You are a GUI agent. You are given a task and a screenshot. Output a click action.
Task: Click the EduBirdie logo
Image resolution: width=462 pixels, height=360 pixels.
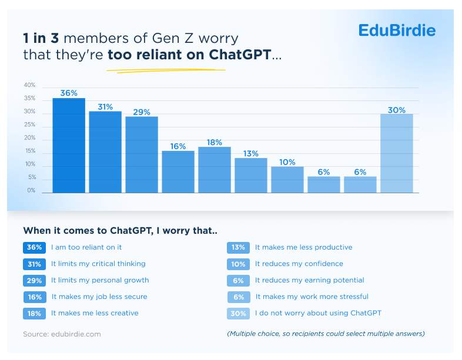(x=397, y=30)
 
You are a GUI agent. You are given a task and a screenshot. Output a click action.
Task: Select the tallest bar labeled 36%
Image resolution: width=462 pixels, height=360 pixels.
(x=69, y=146)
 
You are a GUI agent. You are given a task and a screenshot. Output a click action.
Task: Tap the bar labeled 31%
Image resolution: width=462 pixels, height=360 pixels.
(x=105, y=152)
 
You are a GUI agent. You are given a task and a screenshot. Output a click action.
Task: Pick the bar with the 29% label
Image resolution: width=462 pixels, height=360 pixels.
(x=142, y=155)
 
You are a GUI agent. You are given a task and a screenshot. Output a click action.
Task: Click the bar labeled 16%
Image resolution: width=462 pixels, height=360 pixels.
(x=178, y=172)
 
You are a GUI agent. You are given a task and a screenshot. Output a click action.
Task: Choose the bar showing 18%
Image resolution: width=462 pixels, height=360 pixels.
(x=215, y=170)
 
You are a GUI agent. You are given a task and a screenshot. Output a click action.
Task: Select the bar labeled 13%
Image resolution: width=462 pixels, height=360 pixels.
(x=251, y=176)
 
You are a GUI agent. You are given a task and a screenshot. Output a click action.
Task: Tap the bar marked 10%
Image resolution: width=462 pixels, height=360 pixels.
(x=287, y=180)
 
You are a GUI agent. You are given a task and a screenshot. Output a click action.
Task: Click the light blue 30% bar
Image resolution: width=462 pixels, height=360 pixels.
(x=397, y=153)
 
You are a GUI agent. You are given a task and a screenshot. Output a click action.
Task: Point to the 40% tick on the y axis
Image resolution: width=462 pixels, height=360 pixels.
(x=29, y=85)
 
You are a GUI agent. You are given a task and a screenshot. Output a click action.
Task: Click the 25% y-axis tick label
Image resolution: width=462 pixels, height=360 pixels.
(x=29, y=125)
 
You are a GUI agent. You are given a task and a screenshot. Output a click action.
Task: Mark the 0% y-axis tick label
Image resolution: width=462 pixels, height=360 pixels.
(x=31, y=191)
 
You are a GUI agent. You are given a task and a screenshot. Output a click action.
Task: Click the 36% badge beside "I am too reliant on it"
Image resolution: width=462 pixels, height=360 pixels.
(x=34, y=247)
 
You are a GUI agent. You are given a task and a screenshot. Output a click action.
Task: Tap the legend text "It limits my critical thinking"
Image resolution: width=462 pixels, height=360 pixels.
(x=98, y=264)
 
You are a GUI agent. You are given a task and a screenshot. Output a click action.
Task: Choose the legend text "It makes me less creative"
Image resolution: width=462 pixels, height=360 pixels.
(x=95, y=313)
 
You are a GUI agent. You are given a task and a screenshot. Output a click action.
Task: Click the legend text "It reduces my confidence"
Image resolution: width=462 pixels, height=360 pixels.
(x=299, y=264)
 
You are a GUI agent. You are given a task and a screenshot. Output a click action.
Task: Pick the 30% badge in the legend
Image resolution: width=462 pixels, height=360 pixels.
(x=238, y=314)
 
